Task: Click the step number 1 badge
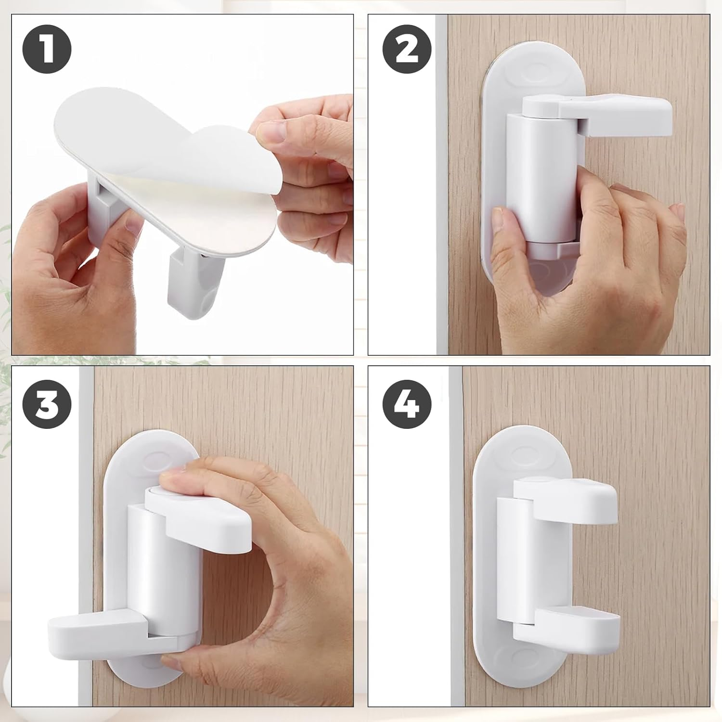(x=47, y=50)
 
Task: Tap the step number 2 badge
(x=407, y=50)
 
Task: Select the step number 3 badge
(x=47, y=404)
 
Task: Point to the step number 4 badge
(x=407, y=404)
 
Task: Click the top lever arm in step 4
(x=568, y=501)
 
